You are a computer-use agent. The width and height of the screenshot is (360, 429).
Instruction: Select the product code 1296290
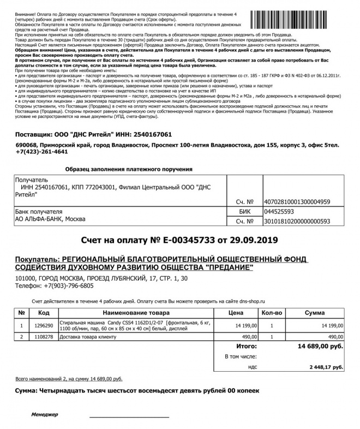[x=44, y=325]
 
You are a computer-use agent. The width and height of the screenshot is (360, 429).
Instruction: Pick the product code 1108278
[x=44, y=337]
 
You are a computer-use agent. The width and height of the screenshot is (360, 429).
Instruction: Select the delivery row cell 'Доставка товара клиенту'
[x=89, y=337]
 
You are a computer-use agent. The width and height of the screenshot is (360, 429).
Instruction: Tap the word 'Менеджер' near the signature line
[x=44, y=415]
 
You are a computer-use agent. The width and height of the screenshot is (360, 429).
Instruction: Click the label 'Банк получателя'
[x=36, y=211]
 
